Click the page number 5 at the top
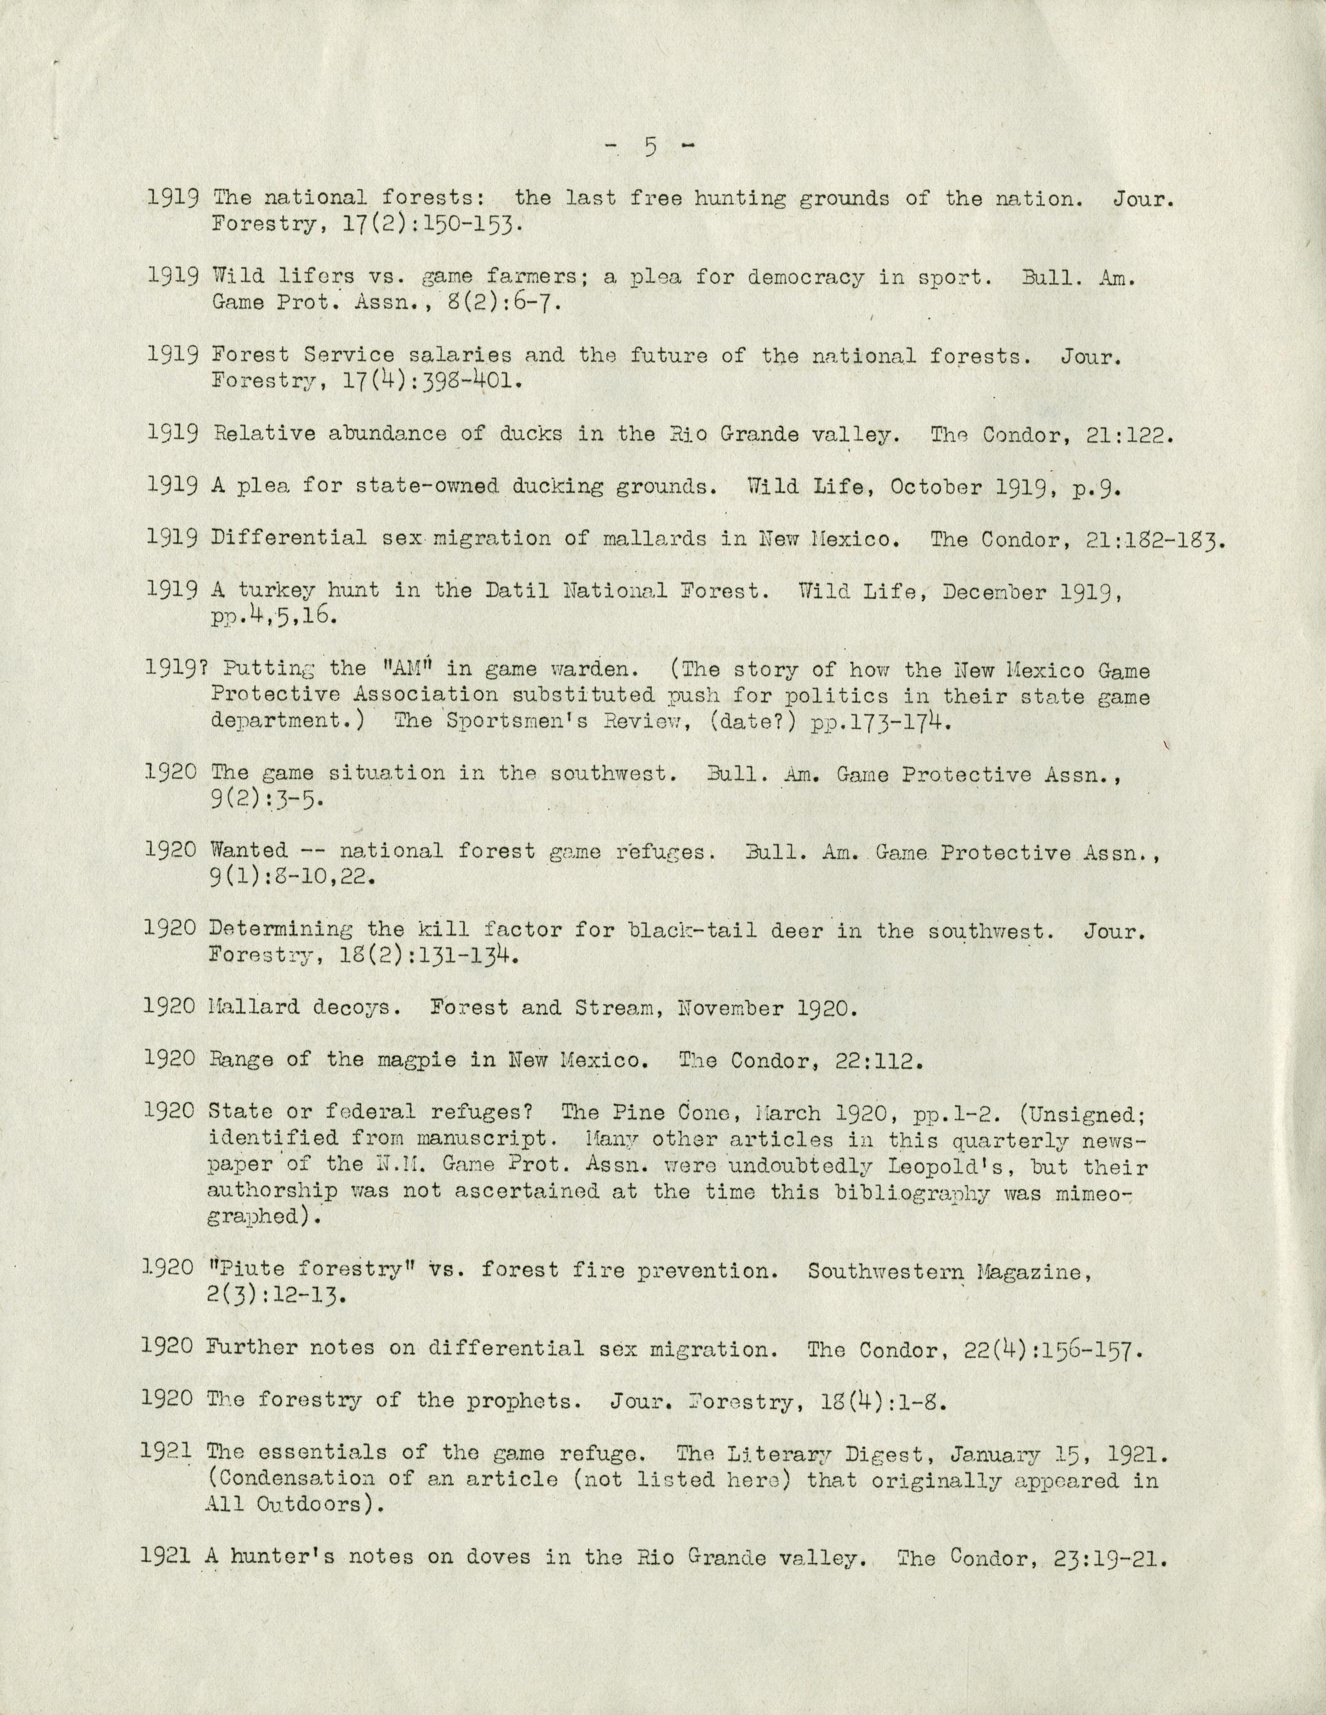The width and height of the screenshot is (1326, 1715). (650, 147)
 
